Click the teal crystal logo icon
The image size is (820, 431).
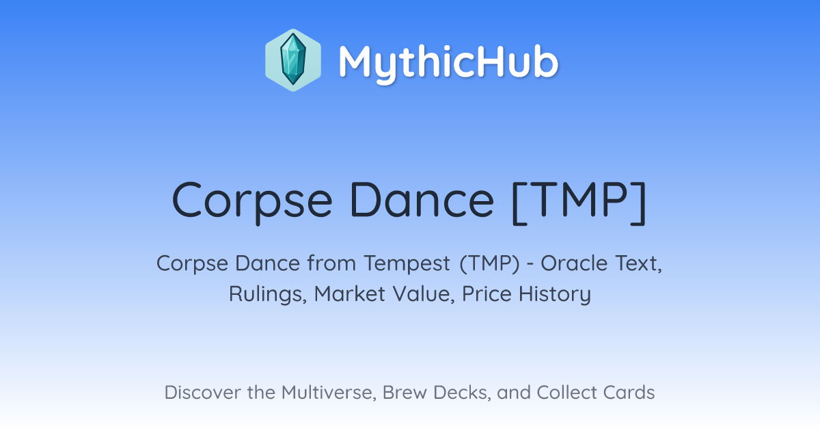coord(293,60)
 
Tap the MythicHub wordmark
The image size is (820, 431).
coord(448,63)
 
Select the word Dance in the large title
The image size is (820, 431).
coord(422,200)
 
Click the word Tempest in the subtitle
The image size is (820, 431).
coord(407,265)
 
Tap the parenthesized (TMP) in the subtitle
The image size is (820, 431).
coord(489,264)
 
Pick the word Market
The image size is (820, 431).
coord(350,293)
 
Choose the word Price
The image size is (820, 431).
coord(487,293)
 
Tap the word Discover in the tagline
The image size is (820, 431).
coord(203,393)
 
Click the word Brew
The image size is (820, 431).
coord(405,393)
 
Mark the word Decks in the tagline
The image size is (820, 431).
coord(462,393)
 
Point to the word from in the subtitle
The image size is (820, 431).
coord(331,263)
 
